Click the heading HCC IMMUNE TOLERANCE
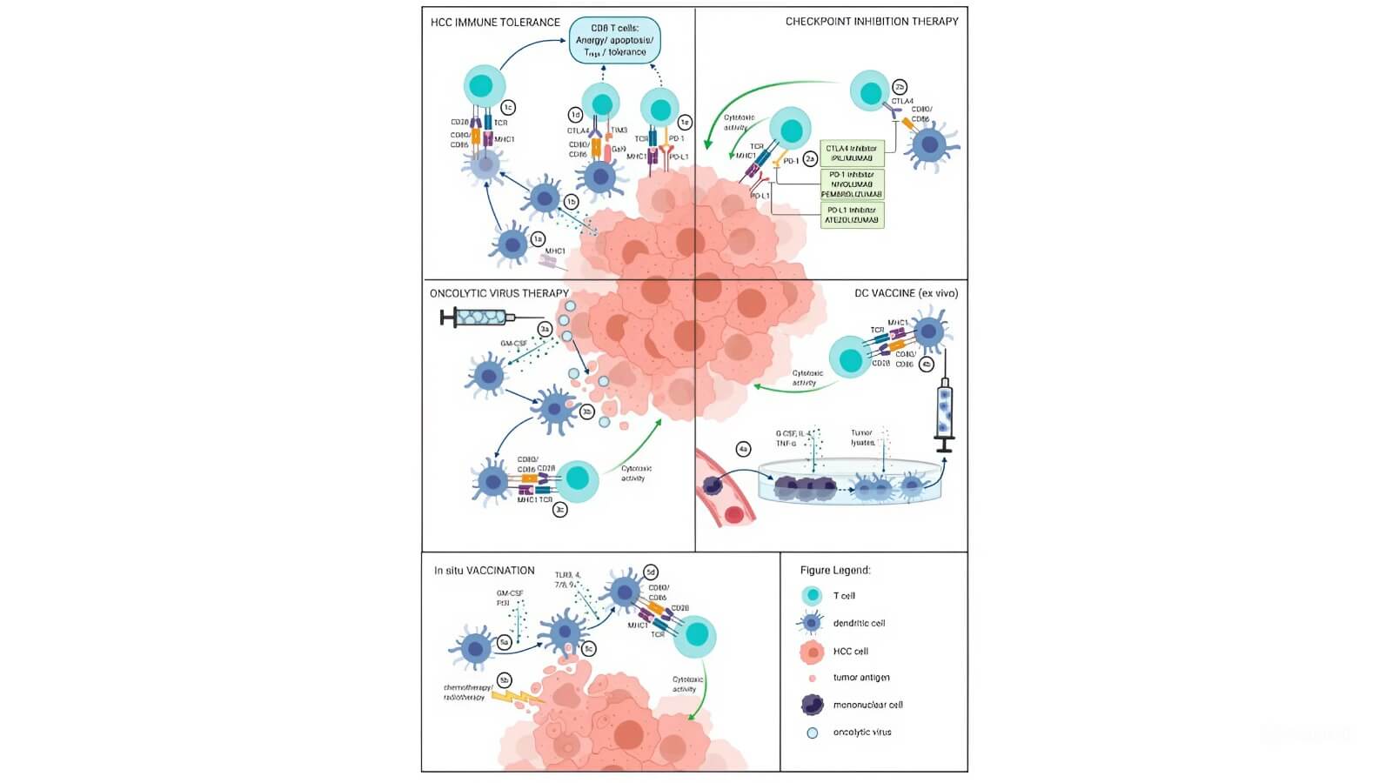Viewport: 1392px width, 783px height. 495,23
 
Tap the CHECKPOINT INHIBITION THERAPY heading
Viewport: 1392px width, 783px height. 872,22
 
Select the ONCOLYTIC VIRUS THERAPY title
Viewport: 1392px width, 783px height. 499,294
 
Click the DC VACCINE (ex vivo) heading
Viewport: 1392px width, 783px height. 906,294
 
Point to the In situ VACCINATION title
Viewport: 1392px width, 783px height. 485,571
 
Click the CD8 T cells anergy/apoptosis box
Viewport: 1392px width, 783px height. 614,41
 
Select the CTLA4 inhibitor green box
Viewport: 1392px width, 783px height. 852,153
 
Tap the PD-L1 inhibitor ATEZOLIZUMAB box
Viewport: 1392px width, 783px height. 852,215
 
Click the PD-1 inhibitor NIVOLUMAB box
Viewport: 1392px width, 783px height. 852,184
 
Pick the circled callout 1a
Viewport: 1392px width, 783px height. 539,238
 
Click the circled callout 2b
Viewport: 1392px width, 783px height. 900,87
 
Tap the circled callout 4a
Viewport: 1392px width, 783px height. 743,449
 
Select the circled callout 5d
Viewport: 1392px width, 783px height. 650,572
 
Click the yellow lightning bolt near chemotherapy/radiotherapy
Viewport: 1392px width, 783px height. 516,696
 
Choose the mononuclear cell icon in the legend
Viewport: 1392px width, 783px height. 812,705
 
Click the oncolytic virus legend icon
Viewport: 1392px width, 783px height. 812,733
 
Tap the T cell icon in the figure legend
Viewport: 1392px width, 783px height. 812,596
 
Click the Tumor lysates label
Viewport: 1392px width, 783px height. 862,438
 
